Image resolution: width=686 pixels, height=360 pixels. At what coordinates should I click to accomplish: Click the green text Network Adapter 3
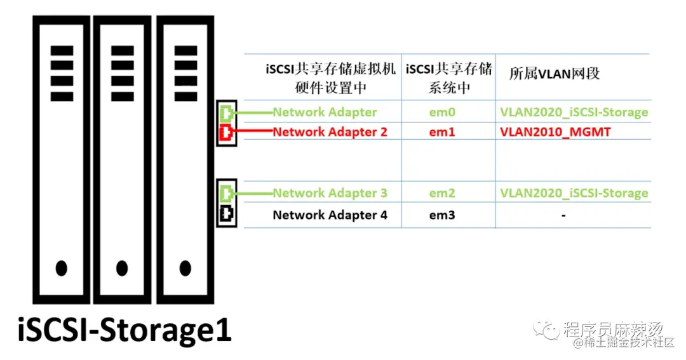330,193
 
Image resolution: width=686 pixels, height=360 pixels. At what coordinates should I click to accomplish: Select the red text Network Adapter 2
330,132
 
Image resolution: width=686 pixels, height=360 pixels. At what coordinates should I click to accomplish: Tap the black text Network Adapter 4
330,215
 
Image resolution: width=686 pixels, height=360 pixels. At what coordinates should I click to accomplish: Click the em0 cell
442,112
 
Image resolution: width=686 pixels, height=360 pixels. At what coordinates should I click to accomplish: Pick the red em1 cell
442,132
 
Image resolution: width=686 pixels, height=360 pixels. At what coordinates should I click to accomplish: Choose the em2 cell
442,193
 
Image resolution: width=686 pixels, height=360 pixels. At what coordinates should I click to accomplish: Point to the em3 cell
442,215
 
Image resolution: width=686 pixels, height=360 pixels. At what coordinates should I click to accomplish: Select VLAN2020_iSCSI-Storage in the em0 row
574,112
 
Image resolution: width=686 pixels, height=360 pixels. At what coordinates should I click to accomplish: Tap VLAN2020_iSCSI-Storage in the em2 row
574,193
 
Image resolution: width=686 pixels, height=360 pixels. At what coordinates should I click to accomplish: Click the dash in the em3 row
563,215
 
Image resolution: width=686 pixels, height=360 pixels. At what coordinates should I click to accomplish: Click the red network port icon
225,133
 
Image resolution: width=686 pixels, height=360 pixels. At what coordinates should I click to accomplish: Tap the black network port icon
225,215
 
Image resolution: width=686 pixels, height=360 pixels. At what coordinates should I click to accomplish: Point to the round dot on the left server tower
62,268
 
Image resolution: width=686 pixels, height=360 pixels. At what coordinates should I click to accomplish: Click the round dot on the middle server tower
123,268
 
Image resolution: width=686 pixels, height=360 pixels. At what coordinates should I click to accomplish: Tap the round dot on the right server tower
185,268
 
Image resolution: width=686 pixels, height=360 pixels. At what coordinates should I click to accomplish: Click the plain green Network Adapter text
325,112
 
